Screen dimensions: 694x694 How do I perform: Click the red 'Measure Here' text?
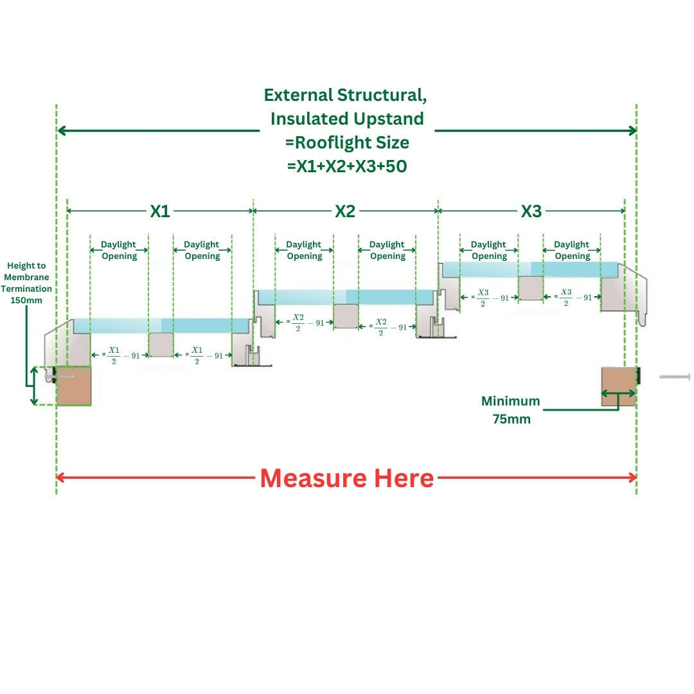tap(347, 479)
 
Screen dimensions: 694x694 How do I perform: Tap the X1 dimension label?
tap(160, 211)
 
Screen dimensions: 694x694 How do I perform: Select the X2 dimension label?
tap(345, 211)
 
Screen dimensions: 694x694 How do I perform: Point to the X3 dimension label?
tap(531, 211)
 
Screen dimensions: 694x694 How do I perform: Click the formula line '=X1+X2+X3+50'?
tap(347, 166)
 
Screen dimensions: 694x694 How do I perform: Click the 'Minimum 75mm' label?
tap(511, 410)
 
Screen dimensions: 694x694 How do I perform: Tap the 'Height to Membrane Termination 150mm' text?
tap(26, 282)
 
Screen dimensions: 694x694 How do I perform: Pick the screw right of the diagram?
tap(674, 376)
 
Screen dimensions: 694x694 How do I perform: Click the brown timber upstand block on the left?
tap(73, 386)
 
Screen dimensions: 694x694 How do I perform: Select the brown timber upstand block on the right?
tap(618, 386)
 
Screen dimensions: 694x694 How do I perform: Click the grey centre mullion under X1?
tap(161, 344)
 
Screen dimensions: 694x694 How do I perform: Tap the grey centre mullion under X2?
tap(346, 316)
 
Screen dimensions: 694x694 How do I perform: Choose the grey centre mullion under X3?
tap(531, 288)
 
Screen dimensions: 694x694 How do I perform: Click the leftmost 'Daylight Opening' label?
tap(119, 251)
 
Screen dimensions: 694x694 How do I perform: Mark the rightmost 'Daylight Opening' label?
tap(572, 251)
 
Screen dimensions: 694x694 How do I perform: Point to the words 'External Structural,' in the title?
tap(346, 95)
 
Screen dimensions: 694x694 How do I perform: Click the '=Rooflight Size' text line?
tap(347, 142)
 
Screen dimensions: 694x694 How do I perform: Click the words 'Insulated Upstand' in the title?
tap(347, 119)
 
